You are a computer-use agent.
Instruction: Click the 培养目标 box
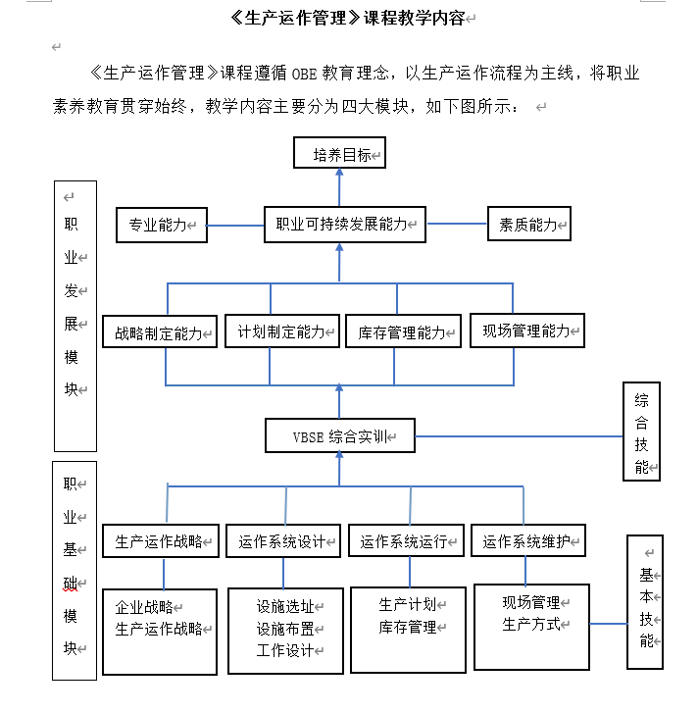coord(340,154)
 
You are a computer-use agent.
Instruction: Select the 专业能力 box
coord(162,225)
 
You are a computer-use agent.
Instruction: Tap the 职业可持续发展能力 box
coord(344,225)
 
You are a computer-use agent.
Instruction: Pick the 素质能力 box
coord(529,225)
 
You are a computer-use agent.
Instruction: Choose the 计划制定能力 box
coord(282,331)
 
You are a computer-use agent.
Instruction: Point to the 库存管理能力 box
coord(402,332)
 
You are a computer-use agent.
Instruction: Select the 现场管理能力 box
coord(526,331)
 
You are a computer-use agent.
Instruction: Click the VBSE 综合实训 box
coord(339,435)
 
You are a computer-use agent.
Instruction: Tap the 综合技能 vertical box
coord(642,433)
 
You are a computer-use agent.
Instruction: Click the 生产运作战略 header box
coord(160,541)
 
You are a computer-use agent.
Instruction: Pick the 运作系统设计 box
coord(282,541)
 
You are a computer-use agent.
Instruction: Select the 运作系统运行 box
coord(405,541)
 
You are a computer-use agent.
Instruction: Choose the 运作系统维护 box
coord(528,540)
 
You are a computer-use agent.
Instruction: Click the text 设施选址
coord(285,606)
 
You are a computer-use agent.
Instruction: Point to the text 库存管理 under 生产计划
coord(408,627)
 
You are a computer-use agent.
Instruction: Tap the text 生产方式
coord(531,624)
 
